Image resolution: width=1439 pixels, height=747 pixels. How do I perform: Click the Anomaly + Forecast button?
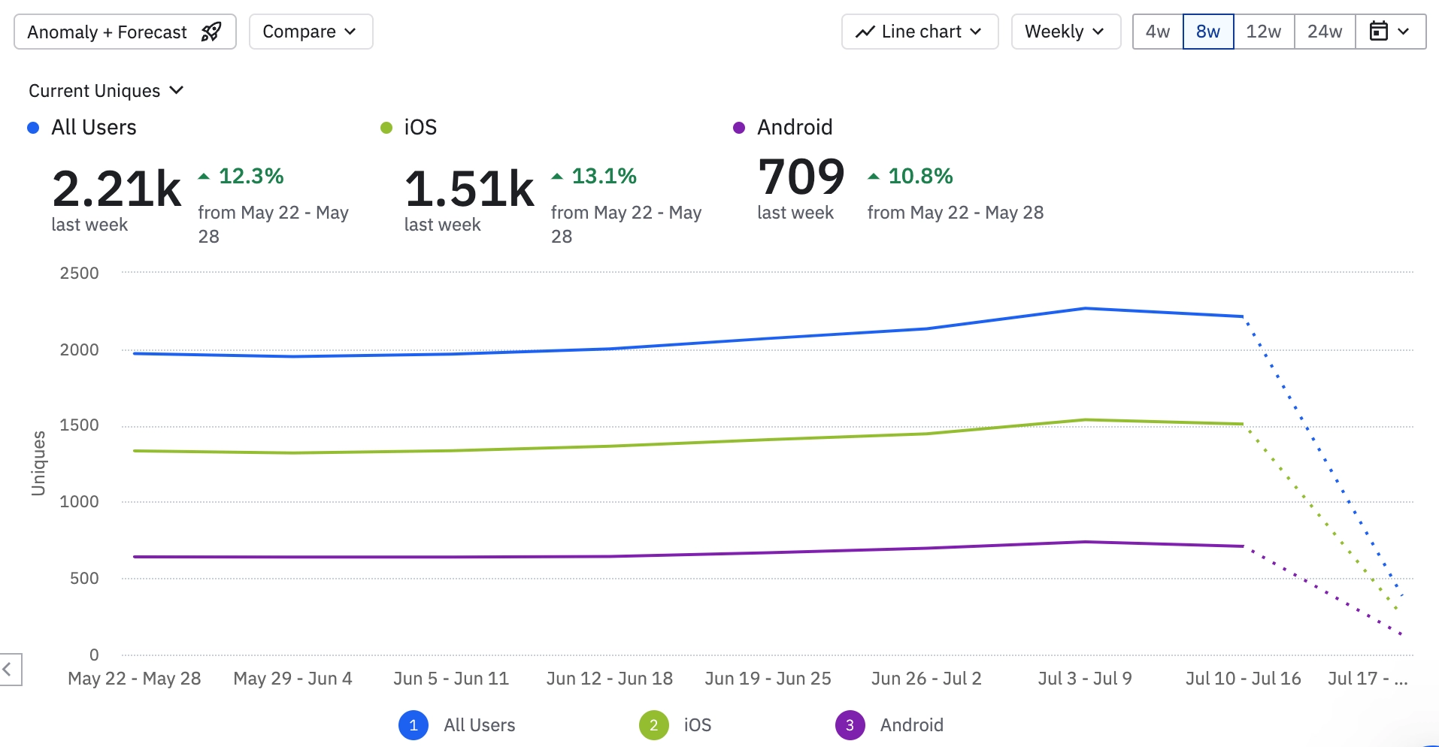click(x=125, y=32)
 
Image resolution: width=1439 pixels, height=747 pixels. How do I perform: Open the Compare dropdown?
click(x=311, y=32)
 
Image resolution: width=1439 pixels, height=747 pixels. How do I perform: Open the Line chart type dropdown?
click(x=919, y=32)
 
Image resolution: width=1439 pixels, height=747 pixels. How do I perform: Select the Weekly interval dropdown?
click(x=1065, y=32)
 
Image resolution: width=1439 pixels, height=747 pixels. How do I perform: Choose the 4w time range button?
click(x=1157, y=32)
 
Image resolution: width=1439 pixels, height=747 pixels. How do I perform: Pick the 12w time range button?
click(x=1263, y=32)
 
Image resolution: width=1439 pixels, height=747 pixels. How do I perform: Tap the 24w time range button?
click(x=1324, y=32)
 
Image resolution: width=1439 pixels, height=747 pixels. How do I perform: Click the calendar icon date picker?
click(x=1389, y=32)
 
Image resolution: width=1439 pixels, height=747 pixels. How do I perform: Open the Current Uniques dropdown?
click(x=106, y=91)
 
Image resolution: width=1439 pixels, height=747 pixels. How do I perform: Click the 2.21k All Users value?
click(x=117, y=189)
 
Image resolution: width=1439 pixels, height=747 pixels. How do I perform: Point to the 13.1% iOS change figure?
click(x=604, y=176)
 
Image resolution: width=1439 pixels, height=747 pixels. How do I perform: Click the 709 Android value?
click(x=801, y=177)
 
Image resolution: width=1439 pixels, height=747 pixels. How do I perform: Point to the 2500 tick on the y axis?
click(x=80, y=273)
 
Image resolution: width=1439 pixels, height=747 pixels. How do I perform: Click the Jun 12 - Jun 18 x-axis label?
click(x=609, y=679)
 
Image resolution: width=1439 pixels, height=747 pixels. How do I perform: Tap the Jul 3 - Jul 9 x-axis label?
click(x=1084, y=679)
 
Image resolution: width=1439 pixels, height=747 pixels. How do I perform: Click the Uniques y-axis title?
click(x=38, y=463)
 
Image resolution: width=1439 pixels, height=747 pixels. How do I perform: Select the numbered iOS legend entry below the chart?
click(x=675, y=725)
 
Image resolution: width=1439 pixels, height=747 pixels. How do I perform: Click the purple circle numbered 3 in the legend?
click(x=850, y=725)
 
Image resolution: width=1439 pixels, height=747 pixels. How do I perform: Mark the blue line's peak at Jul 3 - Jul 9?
click(x=1085, y=308)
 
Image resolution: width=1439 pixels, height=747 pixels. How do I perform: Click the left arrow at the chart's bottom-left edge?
click(x=8, y=669)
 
